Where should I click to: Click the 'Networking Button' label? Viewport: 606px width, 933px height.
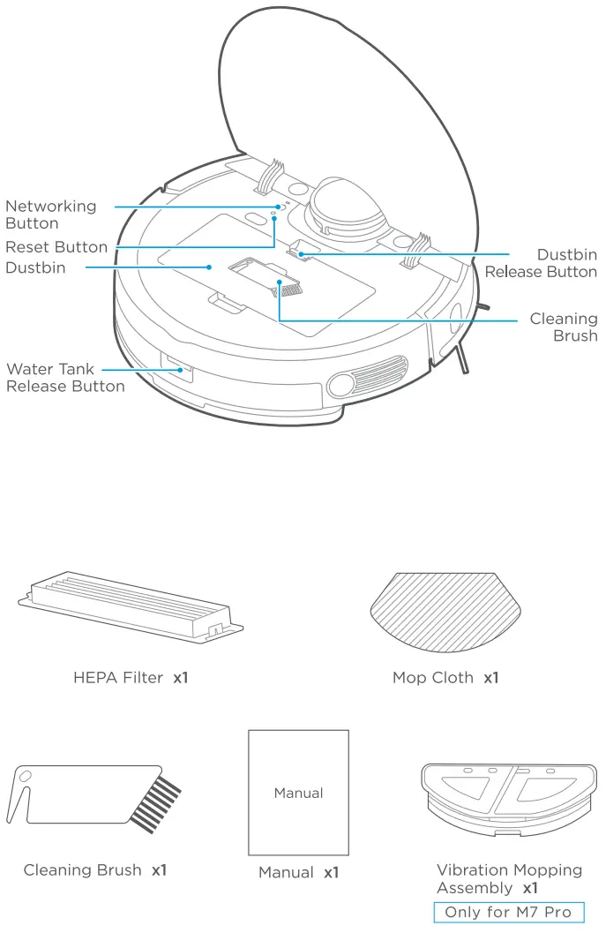coord(50,214)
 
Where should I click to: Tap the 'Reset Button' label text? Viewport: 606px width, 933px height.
coord(56,247)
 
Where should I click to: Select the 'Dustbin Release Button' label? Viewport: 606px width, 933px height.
coord(541,263)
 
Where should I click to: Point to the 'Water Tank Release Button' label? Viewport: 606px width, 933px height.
coord(64,378)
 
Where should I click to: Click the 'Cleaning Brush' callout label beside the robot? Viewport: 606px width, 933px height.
coord(563,327)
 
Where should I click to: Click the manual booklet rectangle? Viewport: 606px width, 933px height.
coord(298,792)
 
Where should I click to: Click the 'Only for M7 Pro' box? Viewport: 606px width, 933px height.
coord(508,912)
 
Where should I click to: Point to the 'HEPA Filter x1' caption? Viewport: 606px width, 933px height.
coord(131,678)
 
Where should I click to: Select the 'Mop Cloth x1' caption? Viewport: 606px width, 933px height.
coord(445,678)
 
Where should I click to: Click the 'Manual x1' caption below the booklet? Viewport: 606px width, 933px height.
coord(298,872)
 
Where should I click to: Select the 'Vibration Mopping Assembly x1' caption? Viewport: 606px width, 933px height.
coord(509,878)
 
